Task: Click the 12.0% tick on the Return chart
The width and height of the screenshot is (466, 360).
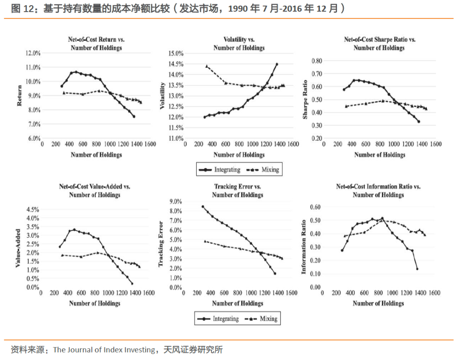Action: [34, 53]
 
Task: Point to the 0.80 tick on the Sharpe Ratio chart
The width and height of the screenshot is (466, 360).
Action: [317, 61]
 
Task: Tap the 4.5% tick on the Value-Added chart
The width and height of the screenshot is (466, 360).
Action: [33, 209]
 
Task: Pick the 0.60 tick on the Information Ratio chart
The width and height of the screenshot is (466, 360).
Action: [315, 207]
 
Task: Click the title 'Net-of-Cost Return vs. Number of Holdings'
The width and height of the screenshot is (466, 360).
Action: [96, 43]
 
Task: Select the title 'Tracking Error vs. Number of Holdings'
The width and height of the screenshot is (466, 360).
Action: [238, 191]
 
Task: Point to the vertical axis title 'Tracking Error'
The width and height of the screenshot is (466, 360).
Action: [161, 244]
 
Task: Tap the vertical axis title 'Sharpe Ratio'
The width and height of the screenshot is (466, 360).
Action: [305, 99]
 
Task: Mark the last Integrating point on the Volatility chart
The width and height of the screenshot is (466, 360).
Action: [277, 64]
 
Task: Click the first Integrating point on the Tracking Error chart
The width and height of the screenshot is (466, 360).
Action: [203, 206]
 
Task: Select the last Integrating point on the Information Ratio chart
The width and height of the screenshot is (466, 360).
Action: [417, 268]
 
